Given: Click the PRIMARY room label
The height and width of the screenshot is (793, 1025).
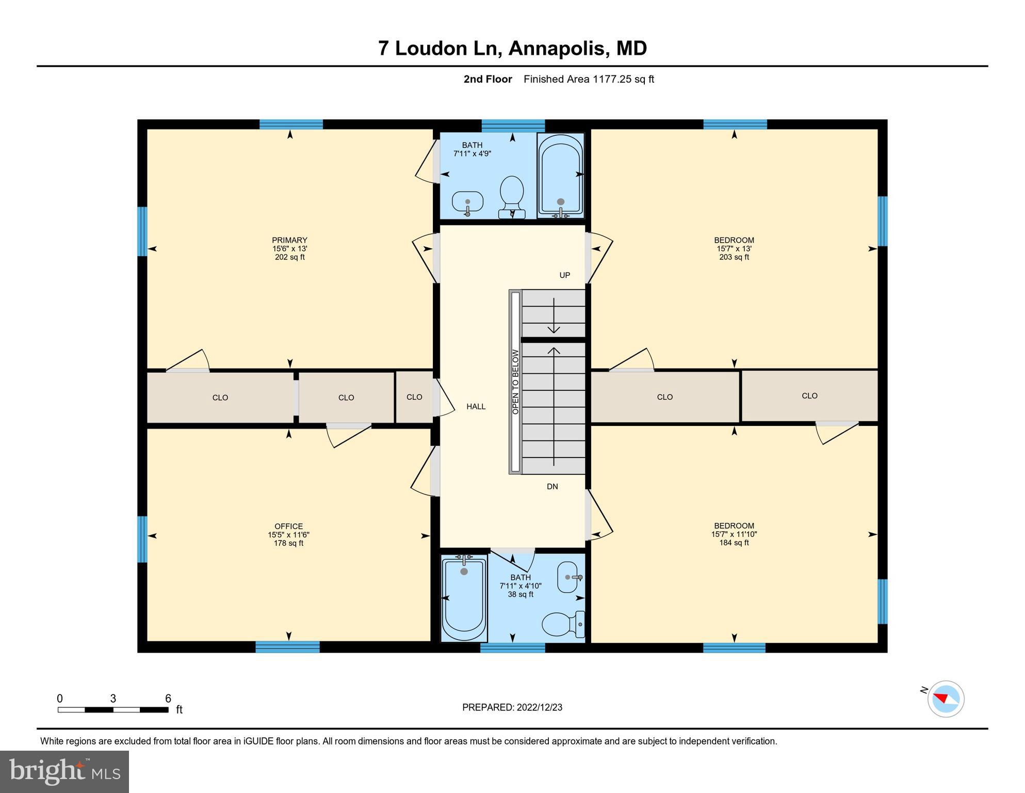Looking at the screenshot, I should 289,240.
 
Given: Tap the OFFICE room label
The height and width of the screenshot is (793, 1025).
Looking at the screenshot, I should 288,527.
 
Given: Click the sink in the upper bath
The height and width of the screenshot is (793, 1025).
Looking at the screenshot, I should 467,202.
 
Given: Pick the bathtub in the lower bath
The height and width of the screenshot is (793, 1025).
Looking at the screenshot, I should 464,598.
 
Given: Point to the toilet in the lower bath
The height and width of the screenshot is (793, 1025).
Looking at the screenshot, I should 562,624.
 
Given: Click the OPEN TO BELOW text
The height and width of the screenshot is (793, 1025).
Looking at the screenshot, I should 515,382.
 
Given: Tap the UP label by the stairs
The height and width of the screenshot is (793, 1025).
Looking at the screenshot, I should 565,275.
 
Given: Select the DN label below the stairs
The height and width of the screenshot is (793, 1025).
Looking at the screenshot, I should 552,486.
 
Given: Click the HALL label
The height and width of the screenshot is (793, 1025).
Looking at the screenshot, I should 476,407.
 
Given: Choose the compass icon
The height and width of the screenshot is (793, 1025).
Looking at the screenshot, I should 946,699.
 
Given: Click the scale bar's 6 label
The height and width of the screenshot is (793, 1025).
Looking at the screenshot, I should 168,699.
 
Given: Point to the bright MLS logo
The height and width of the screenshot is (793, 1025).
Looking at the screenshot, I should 64,772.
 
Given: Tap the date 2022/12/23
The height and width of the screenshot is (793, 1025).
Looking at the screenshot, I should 539,707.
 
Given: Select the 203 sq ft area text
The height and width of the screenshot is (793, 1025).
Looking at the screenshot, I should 734,257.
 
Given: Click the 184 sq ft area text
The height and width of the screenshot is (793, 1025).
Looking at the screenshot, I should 734,543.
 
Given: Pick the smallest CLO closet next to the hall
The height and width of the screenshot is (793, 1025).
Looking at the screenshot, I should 414,397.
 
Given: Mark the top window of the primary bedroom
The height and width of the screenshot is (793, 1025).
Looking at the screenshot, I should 291,124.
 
